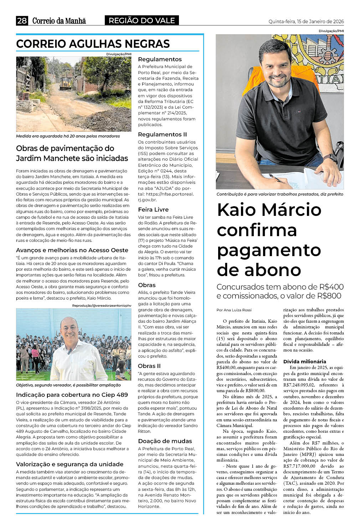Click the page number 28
click(22, 21)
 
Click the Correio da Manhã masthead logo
click(59, 21)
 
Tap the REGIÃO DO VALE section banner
click(142, 21)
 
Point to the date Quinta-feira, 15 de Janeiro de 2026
click(306, 21)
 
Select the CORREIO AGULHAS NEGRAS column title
click(93, 44)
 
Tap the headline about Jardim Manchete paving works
click(72, 153)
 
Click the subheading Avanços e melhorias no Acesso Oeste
click(72, 250)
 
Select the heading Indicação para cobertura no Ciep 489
click(72, 395)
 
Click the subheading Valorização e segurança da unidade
click(70, 464)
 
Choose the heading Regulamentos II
click(162, 134)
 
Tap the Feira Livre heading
click(153, 209)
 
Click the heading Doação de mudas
click(165, 441)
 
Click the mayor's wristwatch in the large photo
click(330, 157)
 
